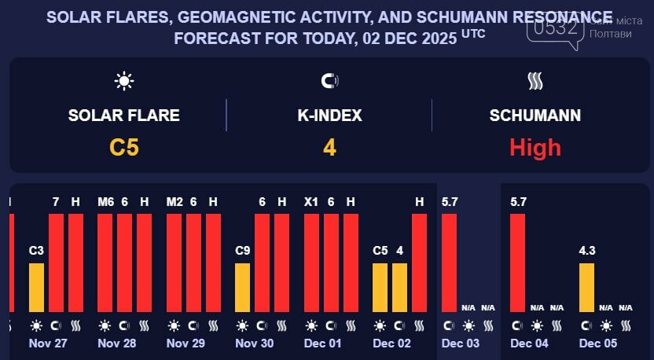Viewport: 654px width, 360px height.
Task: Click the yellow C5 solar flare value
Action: point(124,147)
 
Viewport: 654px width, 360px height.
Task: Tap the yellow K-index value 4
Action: point(329,147)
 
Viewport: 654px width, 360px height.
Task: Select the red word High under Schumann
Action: point(535,147)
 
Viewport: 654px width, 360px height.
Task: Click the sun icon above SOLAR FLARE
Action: point(124,81)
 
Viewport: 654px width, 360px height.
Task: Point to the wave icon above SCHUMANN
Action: point(535,81)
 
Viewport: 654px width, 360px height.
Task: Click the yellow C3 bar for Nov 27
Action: point(36,288)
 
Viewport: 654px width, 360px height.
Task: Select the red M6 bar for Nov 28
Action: point(105,263)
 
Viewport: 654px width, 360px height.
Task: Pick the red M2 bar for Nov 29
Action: point(175,263)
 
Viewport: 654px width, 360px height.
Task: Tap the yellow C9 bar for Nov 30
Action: point(243,288)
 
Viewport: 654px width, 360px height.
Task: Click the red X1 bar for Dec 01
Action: point(311,263)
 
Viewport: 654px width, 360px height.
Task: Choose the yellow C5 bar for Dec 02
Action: point(380,288)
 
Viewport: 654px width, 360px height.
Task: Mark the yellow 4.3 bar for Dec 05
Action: point(586,288)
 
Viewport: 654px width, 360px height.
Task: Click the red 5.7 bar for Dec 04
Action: point(517,263)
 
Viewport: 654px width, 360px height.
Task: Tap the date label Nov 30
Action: point(255,343)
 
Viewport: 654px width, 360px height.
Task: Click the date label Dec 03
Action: point(461,343)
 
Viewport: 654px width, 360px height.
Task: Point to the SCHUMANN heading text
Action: point(535,116)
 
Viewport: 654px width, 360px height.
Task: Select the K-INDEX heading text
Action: point(329,116)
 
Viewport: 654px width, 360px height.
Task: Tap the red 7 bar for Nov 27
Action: point(56,263)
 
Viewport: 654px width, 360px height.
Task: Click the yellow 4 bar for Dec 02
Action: point(400,288)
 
